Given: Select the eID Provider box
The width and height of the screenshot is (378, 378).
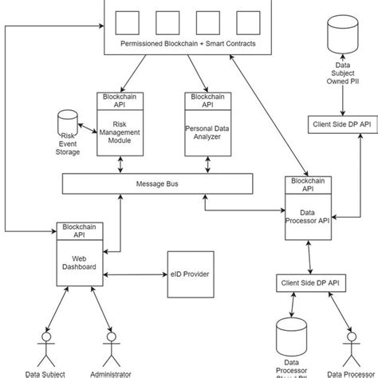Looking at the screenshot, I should click(191, 274).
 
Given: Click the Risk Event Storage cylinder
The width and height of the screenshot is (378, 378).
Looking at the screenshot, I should click(67, 124).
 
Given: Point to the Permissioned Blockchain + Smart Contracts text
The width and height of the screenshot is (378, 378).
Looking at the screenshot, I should click(187, 43).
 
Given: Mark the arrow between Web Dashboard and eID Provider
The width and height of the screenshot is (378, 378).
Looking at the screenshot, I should click(135, 275).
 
